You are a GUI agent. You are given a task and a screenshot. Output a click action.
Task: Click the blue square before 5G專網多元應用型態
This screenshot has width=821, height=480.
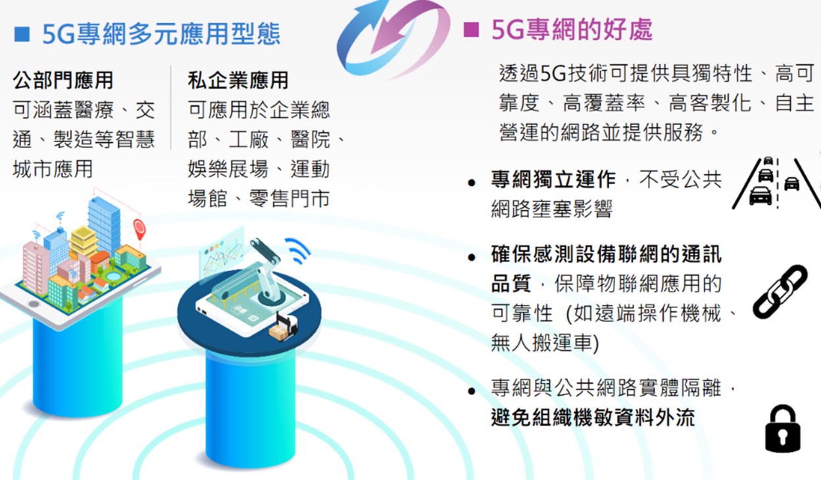22,34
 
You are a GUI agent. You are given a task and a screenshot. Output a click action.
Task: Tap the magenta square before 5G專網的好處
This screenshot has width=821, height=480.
471,30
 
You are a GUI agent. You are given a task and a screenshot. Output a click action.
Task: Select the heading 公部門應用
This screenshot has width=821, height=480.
63,80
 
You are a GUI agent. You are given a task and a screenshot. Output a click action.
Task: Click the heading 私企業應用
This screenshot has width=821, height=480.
238,80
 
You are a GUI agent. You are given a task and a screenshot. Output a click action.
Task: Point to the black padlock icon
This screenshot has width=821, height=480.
783,428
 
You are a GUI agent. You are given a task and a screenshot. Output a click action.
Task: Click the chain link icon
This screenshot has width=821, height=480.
780,292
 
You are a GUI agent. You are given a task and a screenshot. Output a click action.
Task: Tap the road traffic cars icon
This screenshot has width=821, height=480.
776,183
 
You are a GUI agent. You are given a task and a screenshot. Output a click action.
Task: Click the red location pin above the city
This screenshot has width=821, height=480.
139,228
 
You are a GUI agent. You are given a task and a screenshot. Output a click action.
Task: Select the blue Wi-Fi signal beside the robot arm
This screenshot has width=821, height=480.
298,250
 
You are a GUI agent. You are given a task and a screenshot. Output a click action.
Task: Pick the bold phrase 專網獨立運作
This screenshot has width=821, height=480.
553,180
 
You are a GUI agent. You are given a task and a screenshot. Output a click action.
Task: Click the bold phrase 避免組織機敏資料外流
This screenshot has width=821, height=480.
593,417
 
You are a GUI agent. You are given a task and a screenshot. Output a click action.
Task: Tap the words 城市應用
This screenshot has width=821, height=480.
53,169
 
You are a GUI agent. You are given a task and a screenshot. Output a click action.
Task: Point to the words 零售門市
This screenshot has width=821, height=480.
289,199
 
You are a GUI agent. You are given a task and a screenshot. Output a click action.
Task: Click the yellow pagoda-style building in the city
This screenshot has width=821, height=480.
84,241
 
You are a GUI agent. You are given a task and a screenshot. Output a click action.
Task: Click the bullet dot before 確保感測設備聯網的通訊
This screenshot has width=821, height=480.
472,257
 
